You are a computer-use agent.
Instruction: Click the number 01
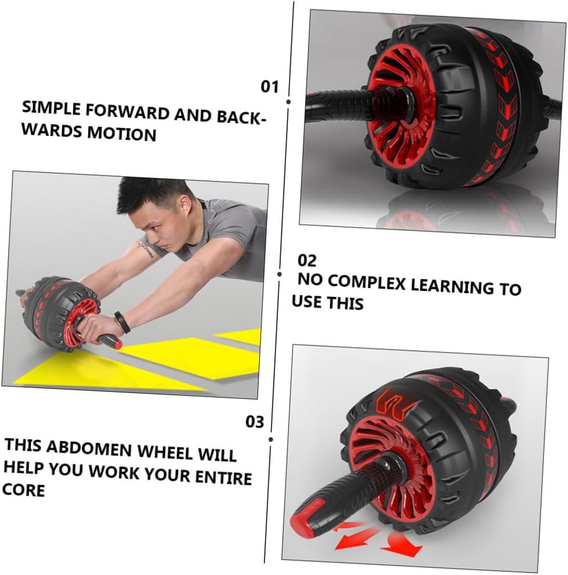tap(270, 87)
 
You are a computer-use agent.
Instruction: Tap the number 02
tap(307, 261)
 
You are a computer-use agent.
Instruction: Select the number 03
tap(254, 422)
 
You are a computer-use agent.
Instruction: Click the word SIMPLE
tap(50, 108)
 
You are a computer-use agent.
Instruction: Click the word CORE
tap(23, 490)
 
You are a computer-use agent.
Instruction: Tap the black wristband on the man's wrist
tap(122, 321)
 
